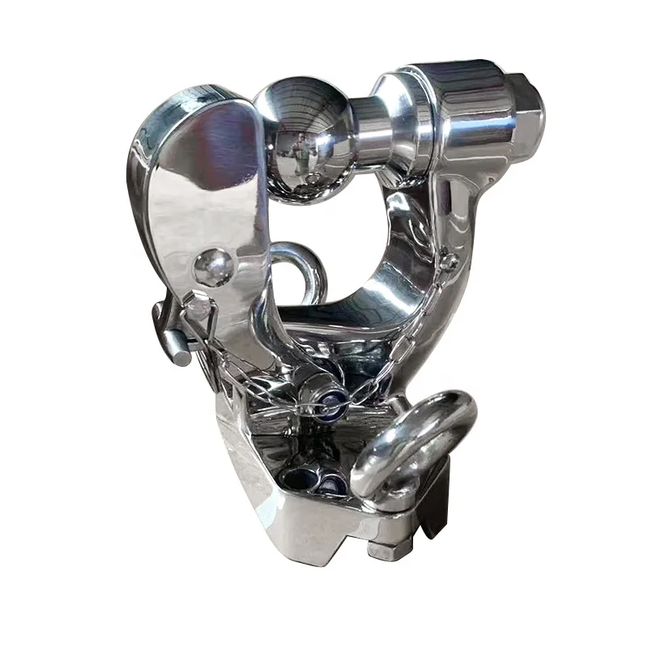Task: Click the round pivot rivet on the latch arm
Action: click(213, 266)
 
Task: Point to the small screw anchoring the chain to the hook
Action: click(450, 261)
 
